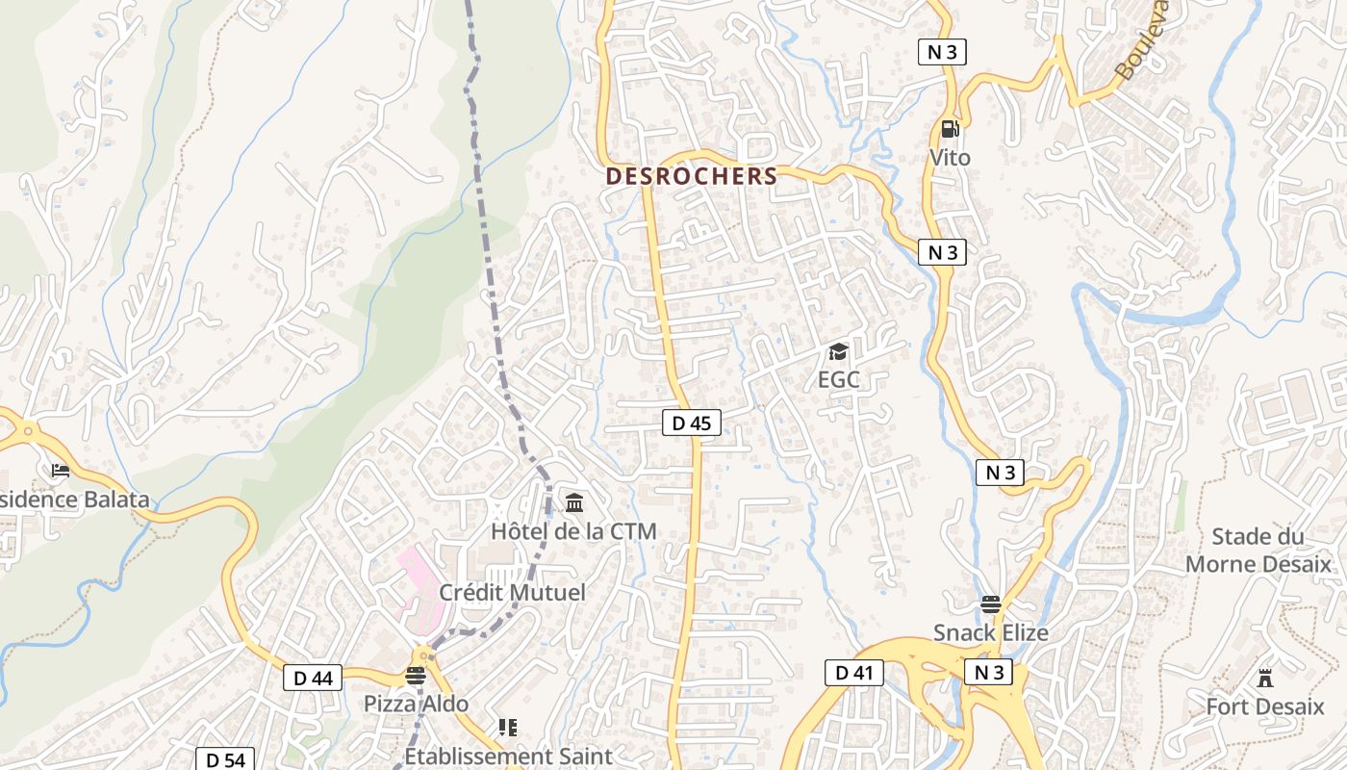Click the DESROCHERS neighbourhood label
691,176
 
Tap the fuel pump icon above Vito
950,129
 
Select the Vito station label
950,157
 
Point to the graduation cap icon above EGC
838,352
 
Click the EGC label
838,379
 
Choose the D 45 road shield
691,423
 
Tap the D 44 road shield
313,678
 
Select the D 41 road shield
853,673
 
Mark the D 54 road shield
224,760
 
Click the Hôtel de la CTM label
573,530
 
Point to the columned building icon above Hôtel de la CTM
574,502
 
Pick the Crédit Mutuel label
512,592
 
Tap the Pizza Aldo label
416,704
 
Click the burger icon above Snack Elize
990,605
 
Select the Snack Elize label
990,632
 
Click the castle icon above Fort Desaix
1265,679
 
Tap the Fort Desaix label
1265,706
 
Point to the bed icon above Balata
61,471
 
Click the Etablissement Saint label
508,756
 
